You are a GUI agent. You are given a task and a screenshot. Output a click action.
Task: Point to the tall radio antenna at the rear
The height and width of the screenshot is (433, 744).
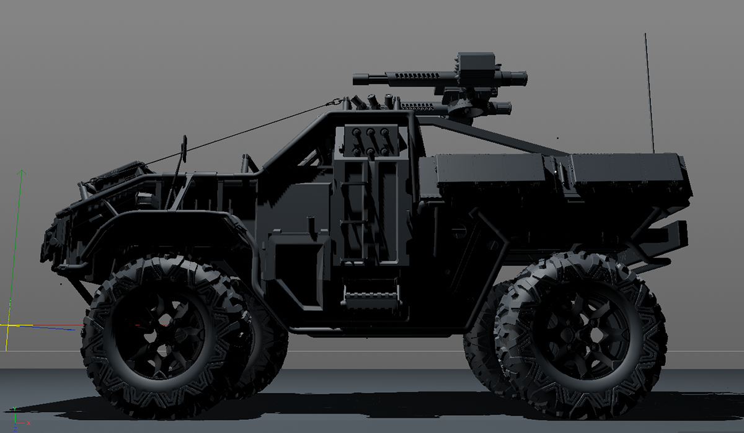click(x=649, y=93)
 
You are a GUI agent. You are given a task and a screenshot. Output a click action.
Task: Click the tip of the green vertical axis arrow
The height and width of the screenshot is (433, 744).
click(x=22, y=172)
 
